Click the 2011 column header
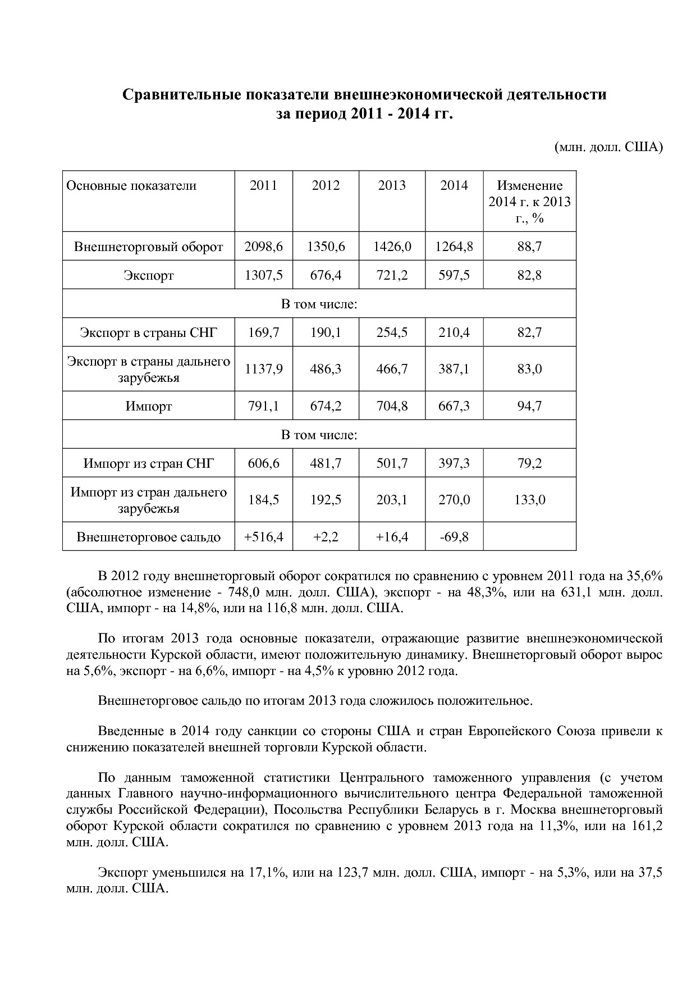click(263, 185)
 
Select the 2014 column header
click(454, 185)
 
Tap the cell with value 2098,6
click(263, 247)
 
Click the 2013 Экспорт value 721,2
click(392, 275)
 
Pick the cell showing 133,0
click(529, 499)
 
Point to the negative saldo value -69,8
click(454, 537)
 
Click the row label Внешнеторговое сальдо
click(148, 537)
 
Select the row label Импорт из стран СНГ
click(148, 463)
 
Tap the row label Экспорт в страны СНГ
click(148, 332)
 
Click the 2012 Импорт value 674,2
click(326, 405)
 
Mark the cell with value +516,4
click(263, 537)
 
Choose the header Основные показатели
click(131, 186)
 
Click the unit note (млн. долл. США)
click(608, 147)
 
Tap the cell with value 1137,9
click(263, 369)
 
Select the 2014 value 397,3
click(454, 463)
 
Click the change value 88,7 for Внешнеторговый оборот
click(529, 247)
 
